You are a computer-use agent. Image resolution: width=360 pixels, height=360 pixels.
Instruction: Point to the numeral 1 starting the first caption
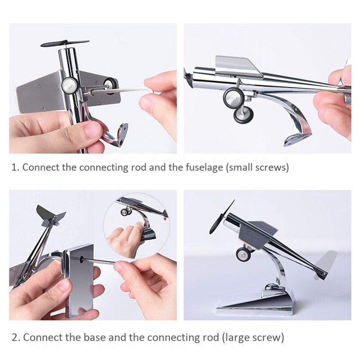pyautogui.click(x=14, y=167)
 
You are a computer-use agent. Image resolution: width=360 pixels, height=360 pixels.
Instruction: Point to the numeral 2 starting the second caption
pyautogui.click(x=14, y=337)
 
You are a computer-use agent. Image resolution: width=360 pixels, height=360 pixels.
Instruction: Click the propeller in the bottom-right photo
pyautogui.click(x=221, y=217)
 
